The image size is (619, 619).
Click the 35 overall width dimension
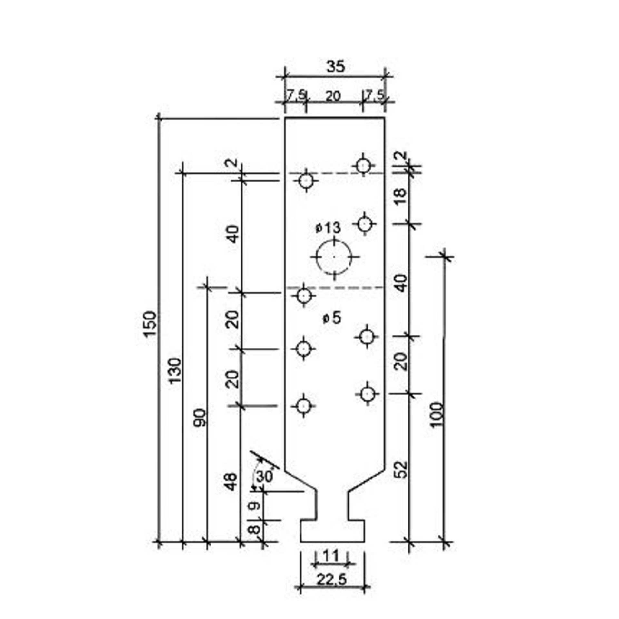336,67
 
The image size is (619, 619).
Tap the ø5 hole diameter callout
332,319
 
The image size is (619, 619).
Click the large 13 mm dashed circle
334,257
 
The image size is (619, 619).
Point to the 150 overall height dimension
150,324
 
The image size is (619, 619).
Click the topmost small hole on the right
364,166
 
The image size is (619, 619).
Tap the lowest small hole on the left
303,406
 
